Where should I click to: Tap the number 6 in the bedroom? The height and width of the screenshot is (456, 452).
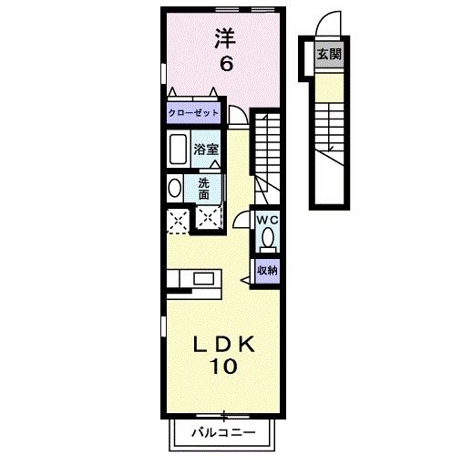[x=224, y=64]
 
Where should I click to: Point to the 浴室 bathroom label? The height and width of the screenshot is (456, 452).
[x=206, y=148]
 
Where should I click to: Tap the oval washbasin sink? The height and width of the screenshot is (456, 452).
[x=174, y=189]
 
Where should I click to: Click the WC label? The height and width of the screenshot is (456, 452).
[x=266, y=221]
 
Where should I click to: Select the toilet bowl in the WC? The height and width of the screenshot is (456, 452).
[x=267, y=238]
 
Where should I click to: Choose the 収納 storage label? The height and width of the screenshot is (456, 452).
[x=266, y=270]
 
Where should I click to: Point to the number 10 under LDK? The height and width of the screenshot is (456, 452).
[x=226, y=367]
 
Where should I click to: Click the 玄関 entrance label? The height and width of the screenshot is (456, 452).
[x=328, y=55]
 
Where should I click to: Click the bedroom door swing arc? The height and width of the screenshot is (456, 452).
[x=238, y=115]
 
